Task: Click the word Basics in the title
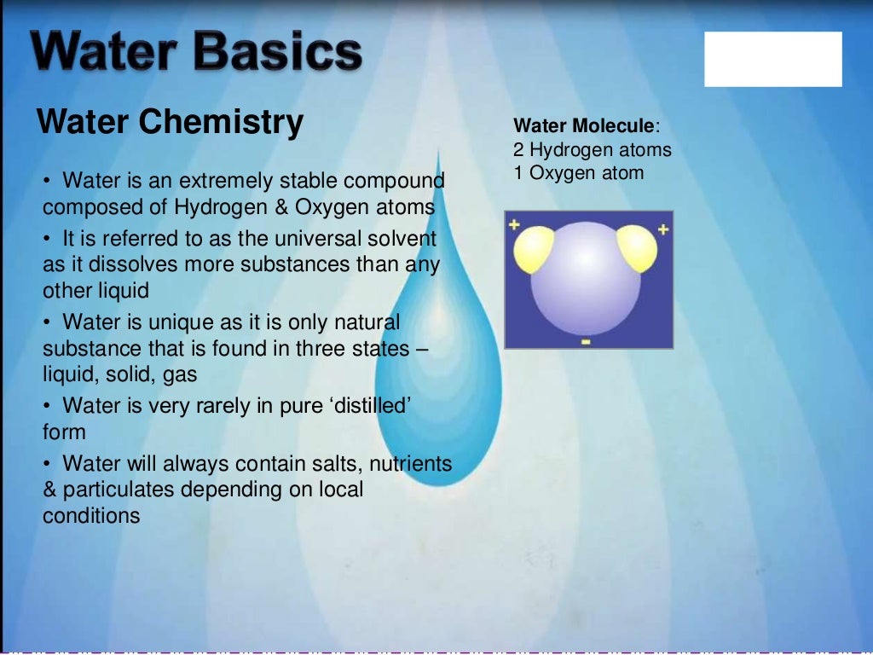tap(276, 53)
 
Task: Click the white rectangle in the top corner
tap(772, 59)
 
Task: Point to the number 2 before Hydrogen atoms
tap(518, 150)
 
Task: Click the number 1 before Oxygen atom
tap(518, 173)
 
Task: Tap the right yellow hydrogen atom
tap(638, 248)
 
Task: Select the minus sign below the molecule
tap(586, 341)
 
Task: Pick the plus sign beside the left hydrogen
tap(514, 226)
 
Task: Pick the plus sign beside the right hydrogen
tap(663, 229)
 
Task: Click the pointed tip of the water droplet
tap(438, 151)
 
